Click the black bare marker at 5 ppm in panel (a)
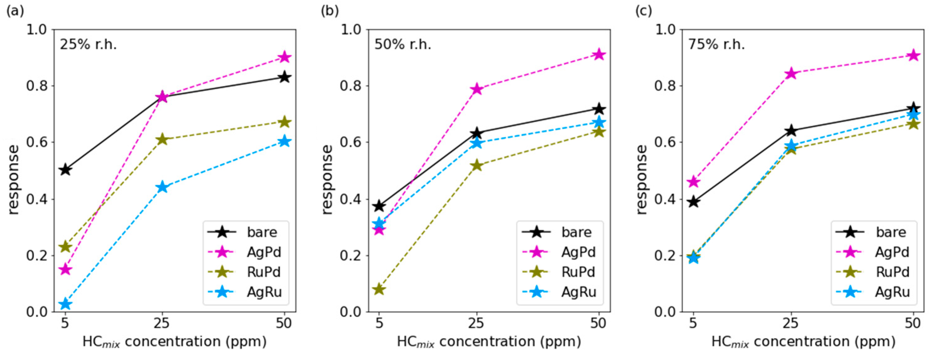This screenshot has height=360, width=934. click(65, 170)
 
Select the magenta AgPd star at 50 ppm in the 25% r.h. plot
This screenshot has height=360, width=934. click(285, 57)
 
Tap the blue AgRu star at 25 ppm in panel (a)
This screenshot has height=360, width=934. click(163, 187)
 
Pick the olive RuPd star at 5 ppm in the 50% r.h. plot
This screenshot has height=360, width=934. click(379, 289)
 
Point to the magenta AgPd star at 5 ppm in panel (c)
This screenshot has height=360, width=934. click(693, 181)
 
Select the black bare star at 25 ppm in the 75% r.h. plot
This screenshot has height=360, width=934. click(791, 130)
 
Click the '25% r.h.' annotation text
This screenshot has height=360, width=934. click(88, 44)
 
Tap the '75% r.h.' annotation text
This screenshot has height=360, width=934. click(716, 44)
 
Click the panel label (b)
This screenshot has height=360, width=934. click(330, 11)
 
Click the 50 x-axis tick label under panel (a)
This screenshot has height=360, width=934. click(284, 323)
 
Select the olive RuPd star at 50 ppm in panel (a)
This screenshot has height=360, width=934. click(285, 122)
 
